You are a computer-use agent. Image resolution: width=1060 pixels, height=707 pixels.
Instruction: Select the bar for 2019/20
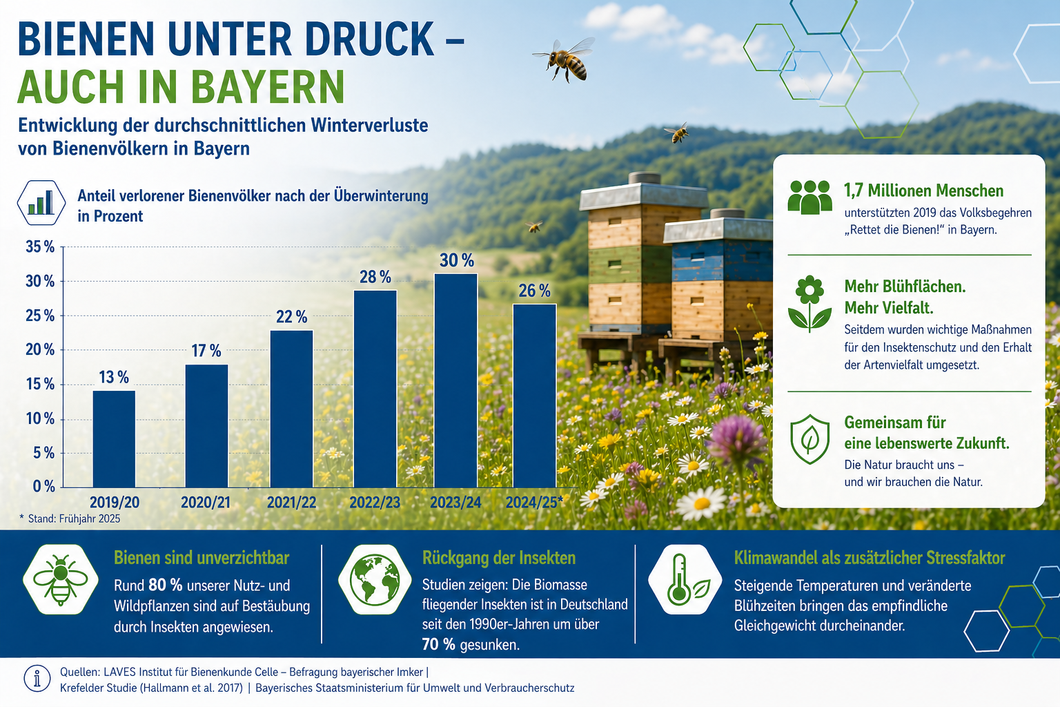tap(114, 439)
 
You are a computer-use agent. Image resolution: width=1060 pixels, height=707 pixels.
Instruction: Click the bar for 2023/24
tap(455, 380)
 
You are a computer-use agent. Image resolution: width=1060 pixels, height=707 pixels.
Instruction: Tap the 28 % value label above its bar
tap(375, 277)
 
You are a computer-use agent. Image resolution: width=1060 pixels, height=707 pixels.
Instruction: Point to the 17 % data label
tap(206, 351)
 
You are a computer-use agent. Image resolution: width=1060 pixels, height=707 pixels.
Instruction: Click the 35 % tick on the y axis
tap(40, 246)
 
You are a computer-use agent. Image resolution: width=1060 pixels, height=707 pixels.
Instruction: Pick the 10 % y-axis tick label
tap(40, 418)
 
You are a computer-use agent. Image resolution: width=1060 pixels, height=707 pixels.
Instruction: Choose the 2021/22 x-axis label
tap(291, 503)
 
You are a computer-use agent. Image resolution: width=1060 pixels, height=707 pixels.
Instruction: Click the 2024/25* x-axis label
tap(534, 502)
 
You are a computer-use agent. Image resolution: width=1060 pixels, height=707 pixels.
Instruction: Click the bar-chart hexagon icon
tap(41, 203)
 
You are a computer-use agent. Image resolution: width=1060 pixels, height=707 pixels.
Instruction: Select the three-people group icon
tap(809, 197)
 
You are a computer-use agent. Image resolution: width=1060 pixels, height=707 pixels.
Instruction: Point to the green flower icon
tap(809, 304)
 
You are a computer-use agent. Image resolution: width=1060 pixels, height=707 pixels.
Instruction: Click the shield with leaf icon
tap(809, 439)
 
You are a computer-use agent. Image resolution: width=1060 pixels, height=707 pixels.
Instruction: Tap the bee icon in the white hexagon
tap(61, 579)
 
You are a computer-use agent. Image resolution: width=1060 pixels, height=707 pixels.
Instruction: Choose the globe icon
tap(374, 580)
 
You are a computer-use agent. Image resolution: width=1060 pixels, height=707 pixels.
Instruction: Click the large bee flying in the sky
tap(565, 59)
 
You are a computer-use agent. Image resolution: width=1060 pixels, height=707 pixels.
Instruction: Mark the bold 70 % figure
tap(439, 644)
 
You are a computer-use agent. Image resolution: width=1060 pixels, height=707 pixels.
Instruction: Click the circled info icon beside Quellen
tap(37, 679)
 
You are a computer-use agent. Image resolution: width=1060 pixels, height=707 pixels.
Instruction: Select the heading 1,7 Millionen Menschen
tap(924, 191)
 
